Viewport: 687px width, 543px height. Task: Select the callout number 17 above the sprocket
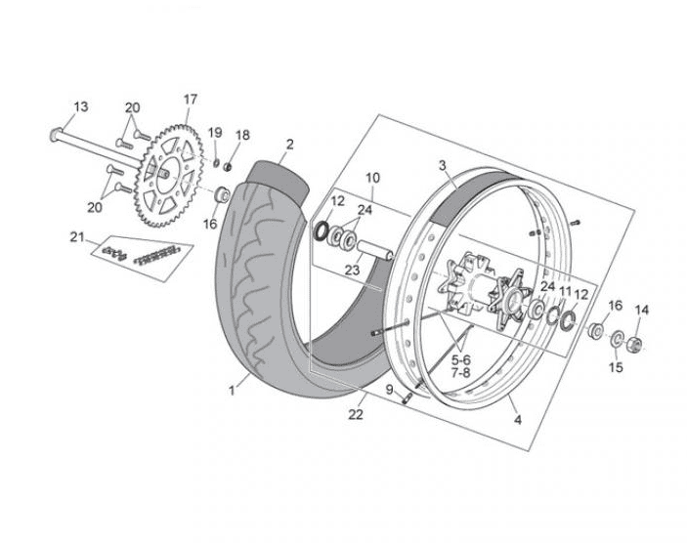(x=190, y=99)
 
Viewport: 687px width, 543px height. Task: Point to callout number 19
(x=216, y=133)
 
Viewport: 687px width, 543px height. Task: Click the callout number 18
(x=243, y=135)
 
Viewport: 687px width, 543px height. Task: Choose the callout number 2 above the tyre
(x=288, y=145)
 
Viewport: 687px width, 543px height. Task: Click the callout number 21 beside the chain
(x=78, y=236)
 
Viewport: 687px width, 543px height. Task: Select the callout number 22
(x=358, y=415)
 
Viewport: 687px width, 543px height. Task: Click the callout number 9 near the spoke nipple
(x=389, y=390)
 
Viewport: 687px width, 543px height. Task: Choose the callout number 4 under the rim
(x=517, y=421)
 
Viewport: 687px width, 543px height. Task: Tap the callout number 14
(x=641, y=311)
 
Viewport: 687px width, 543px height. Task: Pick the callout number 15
(x=616, y=367)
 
